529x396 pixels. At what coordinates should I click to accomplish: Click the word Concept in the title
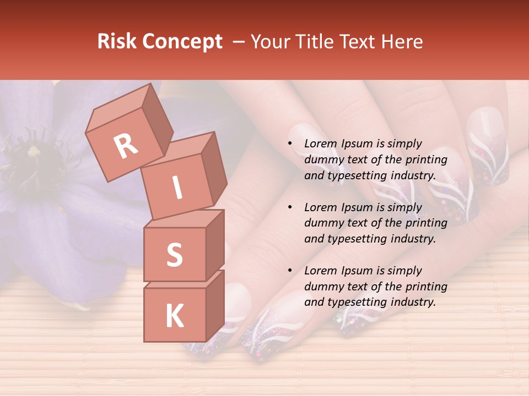click(x=182, y=42)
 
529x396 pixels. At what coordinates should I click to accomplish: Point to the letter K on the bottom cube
click(x=174, y=316)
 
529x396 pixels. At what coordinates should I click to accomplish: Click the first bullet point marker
click(x=289, y=144)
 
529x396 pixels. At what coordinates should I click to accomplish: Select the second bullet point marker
click(x=289, y=208)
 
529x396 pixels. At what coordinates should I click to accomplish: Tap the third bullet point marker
click(x=289, y=271)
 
